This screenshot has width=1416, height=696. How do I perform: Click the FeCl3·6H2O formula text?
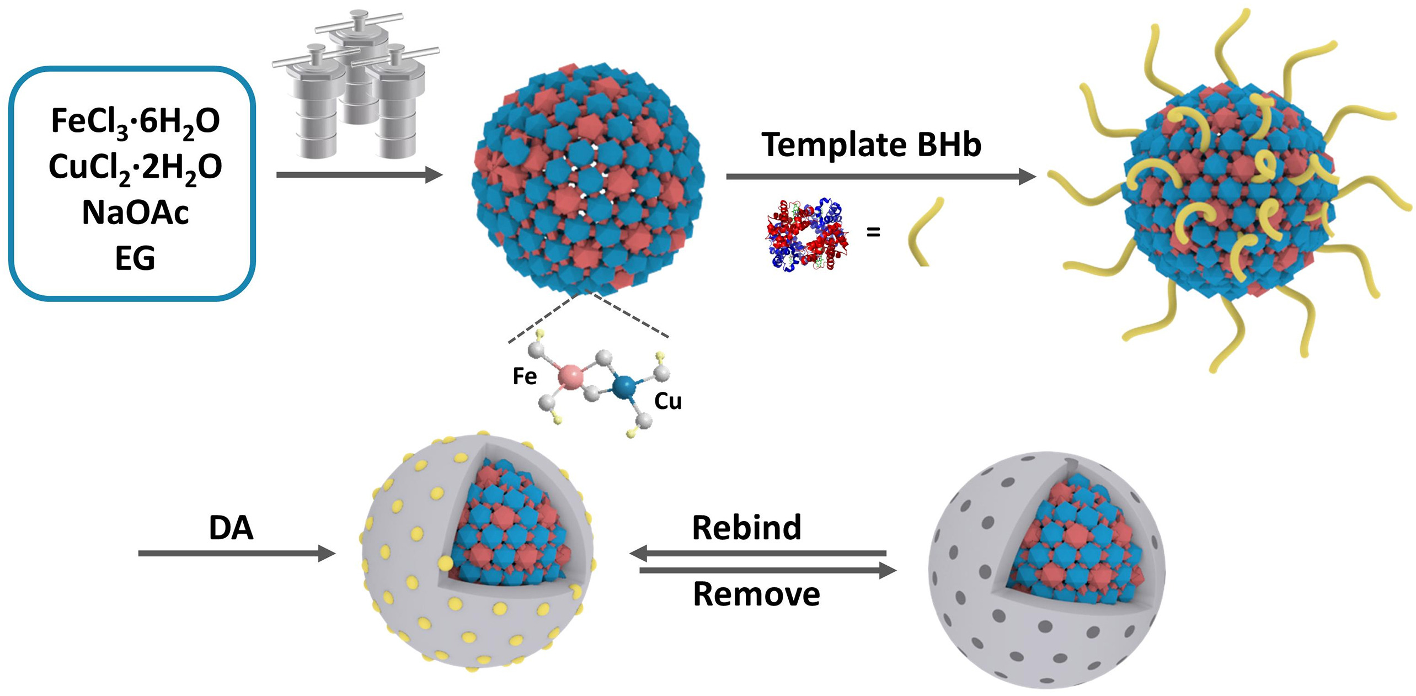[135, 121]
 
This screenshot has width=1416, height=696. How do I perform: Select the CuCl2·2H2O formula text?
[135, 167]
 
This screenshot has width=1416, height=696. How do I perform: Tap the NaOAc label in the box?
[135, 212]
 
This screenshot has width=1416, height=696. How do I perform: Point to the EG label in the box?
[135, 258]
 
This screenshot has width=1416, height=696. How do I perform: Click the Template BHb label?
[871, 145]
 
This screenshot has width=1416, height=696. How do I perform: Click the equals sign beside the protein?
[873, 232]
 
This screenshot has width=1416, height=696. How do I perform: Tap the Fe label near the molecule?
[524, 376]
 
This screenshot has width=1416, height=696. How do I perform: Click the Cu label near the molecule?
[667, 401]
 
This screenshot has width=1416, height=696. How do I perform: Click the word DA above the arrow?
[231, 528]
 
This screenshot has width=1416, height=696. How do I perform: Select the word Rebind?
[746, 528]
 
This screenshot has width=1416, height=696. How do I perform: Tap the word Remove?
[756, 594]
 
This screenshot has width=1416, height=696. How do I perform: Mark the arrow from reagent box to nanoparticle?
[359, 175]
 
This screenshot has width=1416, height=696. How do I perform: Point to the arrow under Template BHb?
[880, 177]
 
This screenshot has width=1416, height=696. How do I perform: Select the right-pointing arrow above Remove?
[767, 571]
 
